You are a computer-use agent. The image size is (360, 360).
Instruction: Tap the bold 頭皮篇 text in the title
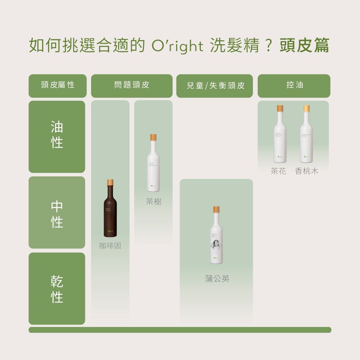(304, 46)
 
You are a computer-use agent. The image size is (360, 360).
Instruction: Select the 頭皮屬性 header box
(58, 86)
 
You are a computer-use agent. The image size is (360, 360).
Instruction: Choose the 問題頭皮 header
(132, 86)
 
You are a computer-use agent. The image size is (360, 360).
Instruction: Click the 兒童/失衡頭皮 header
(216, 86)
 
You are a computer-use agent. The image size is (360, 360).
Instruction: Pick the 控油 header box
(294, 86)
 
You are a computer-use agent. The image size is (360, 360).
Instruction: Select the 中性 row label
(57, 213)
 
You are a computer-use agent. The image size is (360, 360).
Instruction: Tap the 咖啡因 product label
(110, 246)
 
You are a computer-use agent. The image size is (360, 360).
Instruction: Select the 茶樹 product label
(153, 202)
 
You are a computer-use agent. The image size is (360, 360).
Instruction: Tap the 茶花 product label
(279, 171)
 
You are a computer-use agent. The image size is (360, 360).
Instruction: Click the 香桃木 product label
(307, 171)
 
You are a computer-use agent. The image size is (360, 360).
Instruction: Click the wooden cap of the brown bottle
(110, 183)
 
